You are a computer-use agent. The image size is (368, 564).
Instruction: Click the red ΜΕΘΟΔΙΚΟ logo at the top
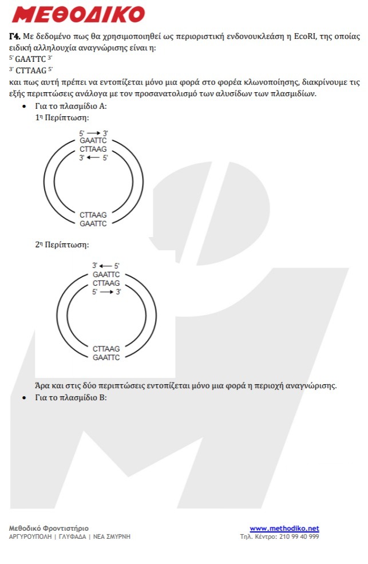point(78,14)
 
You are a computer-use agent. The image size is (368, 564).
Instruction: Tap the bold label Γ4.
point(15,36)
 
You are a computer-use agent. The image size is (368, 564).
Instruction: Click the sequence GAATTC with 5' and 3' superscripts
point(30,59)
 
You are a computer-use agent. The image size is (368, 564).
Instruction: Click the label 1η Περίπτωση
point(62,117)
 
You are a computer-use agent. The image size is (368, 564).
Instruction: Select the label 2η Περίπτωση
point(62,244)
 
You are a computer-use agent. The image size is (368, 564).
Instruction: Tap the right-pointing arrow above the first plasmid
point(93,133)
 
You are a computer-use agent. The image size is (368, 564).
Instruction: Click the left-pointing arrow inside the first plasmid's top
point(93,157)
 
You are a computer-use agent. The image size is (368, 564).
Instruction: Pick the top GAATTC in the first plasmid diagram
point(93,141)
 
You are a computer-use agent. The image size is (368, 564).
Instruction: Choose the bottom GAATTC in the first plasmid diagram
point(93,223)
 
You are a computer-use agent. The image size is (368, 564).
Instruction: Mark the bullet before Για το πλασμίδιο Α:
point(23,107)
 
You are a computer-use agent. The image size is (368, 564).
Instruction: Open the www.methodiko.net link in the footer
point(284,528)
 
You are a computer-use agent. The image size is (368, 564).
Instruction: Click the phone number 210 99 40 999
point(299,537)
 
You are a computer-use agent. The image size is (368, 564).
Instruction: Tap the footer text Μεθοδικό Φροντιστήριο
point(49,528)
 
